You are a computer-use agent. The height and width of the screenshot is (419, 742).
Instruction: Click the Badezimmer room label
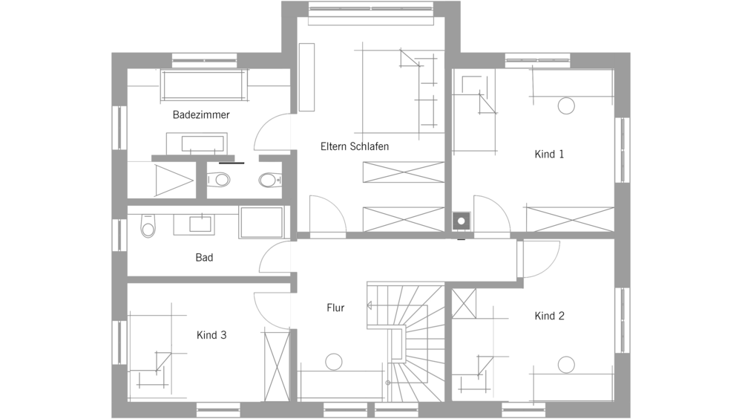(x=201, y=114)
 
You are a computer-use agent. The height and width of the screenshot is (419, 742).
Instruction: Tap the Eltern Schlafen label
(x=355, y=146)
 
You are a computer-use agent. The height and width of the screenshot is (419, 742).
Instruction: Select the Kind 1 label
(x=549, y=154)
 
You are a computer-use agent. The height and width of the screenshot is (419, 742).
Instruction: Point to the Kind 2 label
(x=549, y=316)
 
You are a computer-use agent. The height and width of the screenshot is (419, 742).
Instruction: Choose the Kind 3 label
(x=211, y=335)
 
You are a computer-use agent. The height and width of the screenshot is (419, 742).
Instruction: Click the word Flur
(x=335, y=308)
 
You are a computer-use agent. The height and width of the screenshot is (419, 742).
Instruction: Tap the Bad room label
(x=205, y=257)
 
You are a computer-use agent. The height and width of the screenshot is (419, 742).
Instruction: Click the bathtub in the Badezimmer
(x=205, y=85)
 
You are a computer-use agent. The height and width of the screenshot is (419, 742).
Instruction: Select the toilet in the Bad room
(x=148, y=226)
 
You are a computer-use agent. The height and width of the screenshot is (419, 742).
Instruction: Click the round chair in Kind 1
(x=566, y=105)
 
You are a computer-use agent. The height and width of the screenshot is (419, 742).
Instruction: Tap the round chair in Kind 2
(x=566, y=365)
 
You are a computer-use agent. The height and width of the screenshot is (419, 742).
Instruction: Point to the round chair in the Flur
(x=334, y=362)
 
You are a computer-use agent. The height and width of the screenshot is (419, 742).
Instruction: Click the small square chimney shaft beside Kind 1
(x=462, y=221)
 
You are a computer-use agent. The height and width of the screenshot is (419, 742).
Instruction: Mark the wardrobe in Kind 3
(x=277, y=367)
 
